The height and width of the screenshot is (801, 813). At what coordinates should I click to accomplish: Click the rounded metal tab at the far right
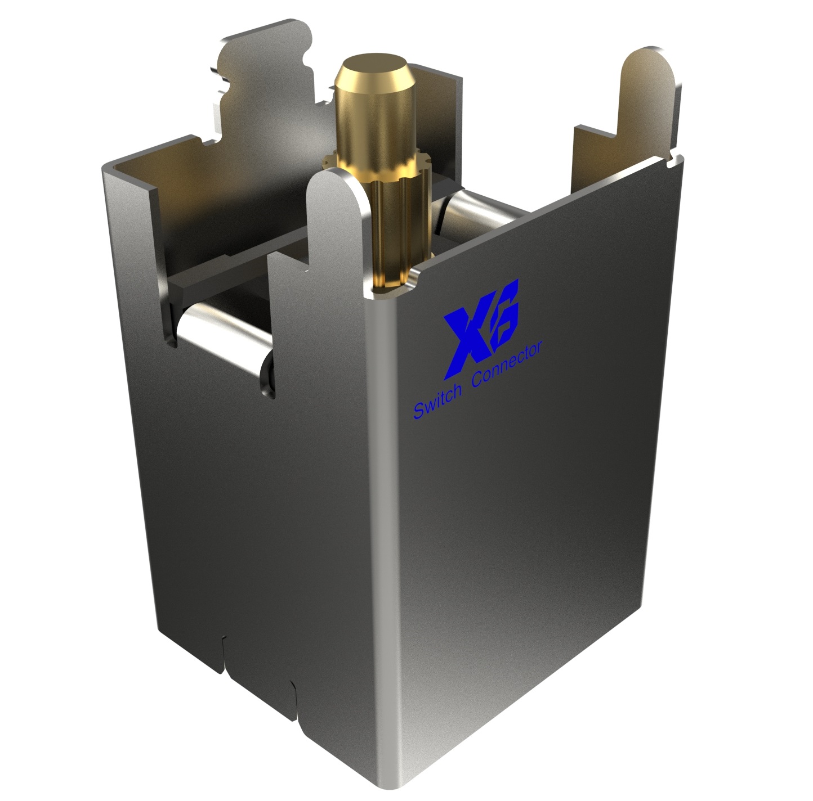point(647,90)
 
